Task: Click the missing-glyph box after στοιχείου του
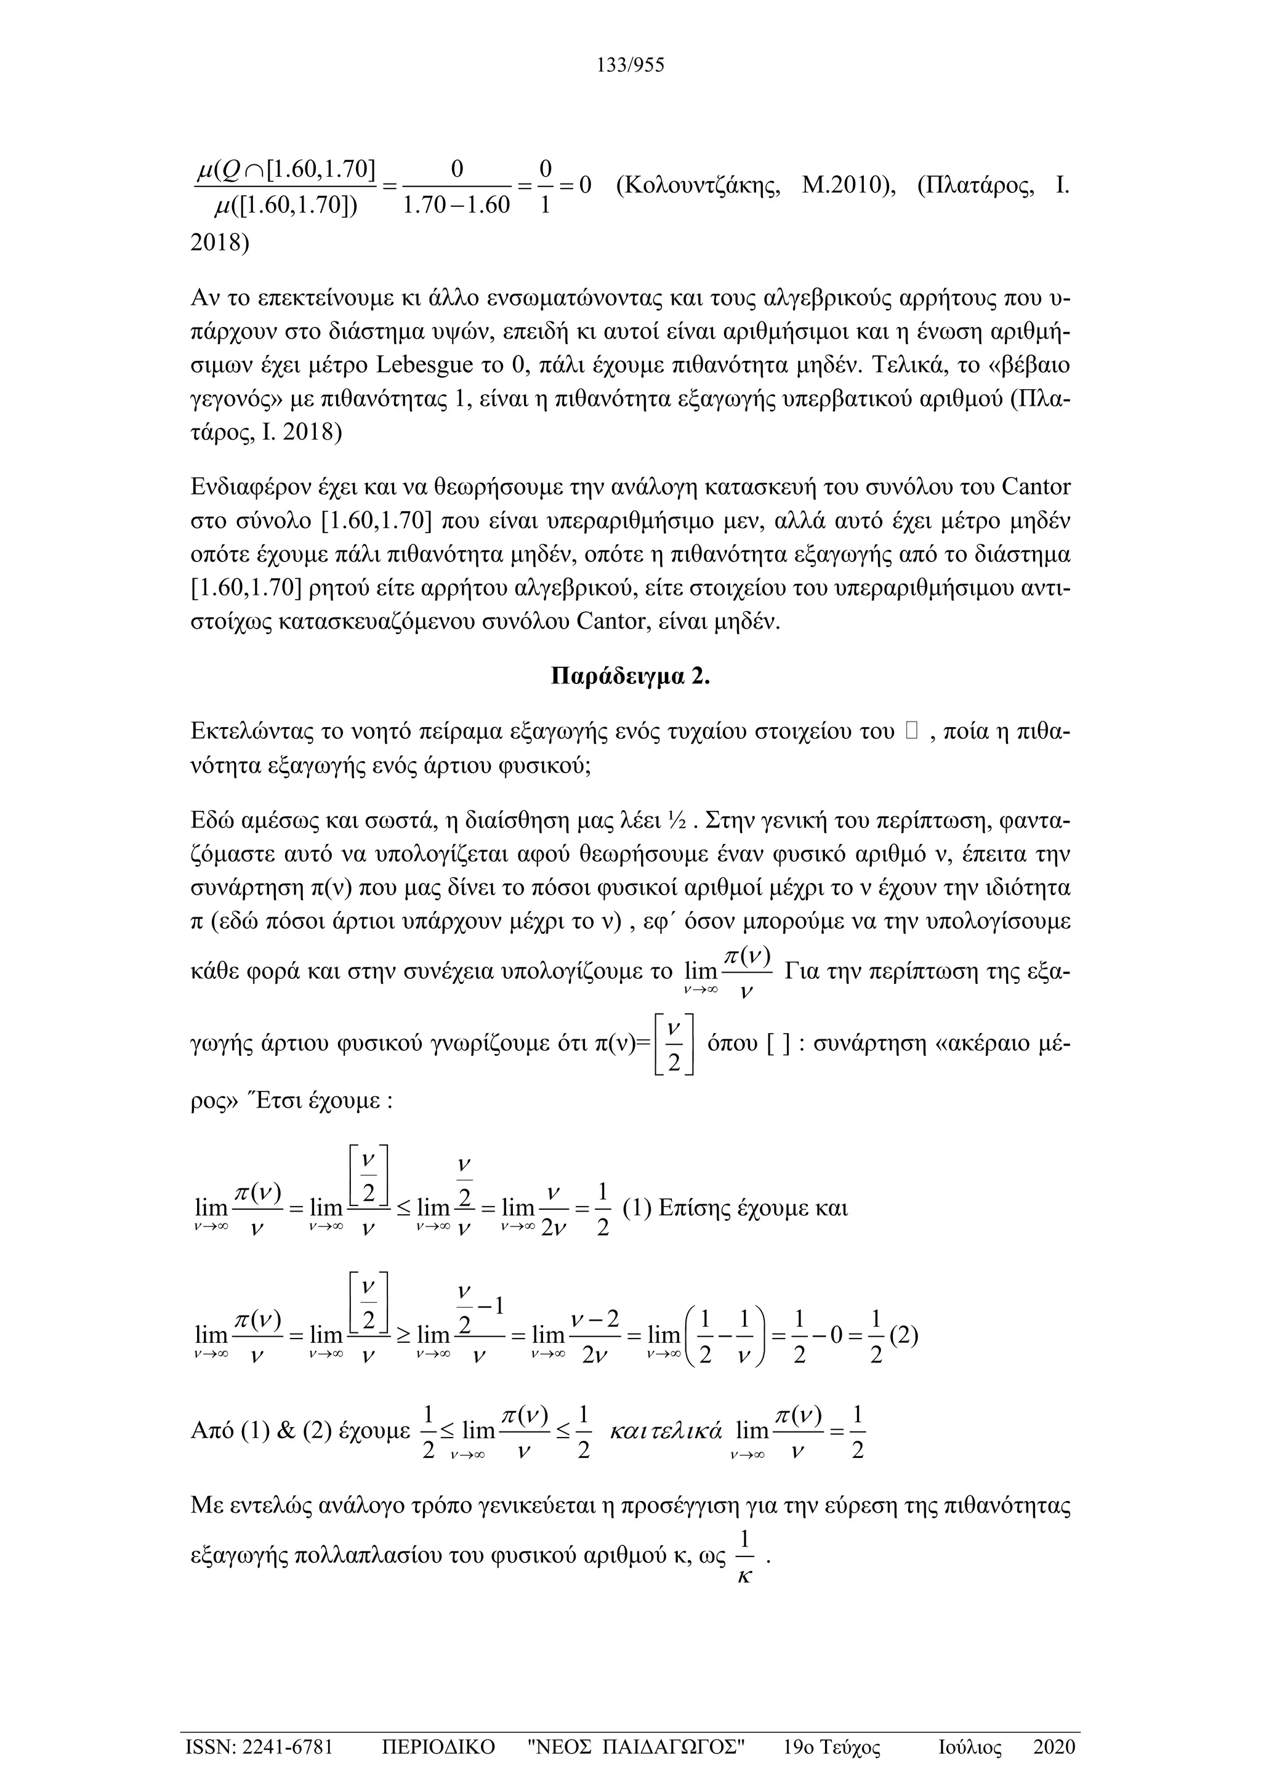(912, 731)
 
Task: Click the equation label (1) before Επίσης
(637, 1209)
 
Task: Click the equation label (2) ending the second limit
(904, 1335)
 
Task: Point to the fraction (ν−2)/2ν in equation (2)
(595, 1335)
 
